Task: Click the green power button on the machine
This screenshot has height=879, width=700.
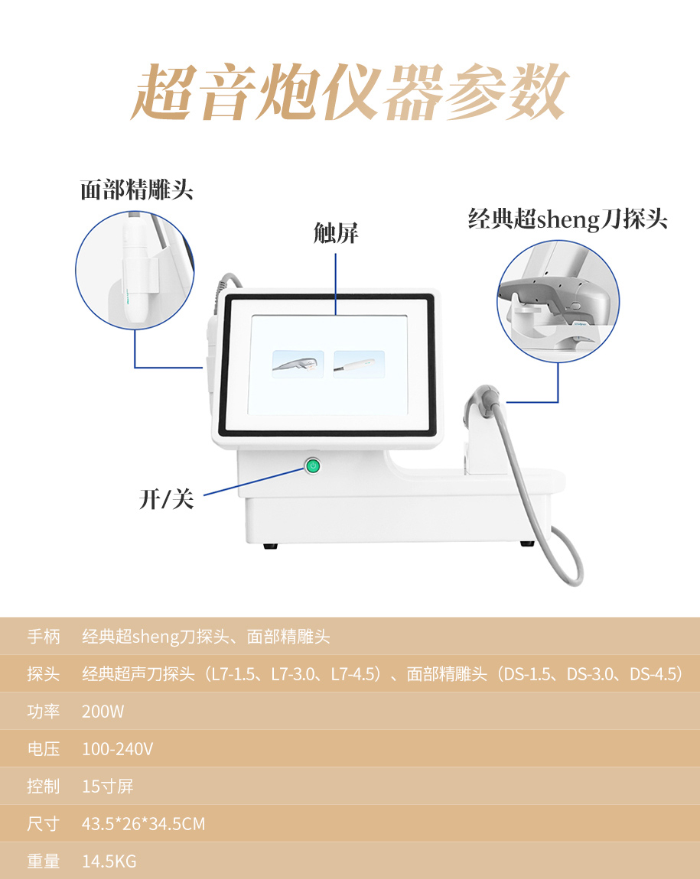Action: click(x=313, y=465)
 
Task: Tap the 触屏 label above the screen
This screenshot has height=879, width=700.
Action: click(x=335, y=233)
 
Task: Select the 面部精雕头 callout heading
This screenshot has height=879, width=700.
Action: click(x=137, y=190)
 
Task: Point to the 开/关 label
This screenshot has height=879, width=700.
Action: click(x=166, y=498)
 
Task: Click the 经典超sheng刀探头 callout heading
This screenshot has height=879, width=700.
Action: click(x=568, y=219)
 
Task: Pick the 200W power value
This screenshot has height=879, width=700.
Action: click(x=103, y=712)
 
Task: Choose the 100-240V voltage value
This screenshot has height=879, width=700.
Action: click(x=117, y=749)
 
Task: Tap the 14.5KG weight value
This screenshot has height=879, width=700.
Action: click(x=109, y=861)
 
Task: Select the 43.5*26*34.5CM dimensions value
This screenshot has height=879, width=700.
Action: click(x=143, y=823)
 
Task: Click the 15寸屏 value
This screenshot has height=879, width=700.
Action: click(x=108, y=787)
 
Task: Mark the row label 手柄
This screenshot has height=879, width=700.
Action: click(x=43, y=637)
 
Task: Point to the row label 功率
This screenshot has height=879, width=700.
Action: click(x=43, y=712)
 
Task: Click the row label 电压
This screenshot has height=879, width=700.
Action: click(x=43, y=749)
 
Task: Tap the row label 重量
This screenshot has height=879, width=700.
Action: click(x=43, y=861)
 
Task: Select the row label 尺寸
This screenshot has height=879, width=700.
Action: click(x=43, y=823)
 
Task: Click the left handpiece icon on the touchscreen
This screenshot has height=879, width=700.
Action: click(x=298, y=364)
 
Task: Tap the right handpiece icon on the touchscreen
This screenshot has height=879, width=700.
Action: click(x=359, y=364)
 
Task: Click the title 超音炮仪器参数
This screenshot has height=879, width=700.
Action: click(x=350, y=92)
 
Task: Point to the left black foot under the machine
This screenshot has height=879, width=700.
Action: click(x=270, y=546)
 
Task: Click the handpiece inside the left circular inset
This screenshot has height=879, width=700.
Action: click(x=135, y=269)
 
